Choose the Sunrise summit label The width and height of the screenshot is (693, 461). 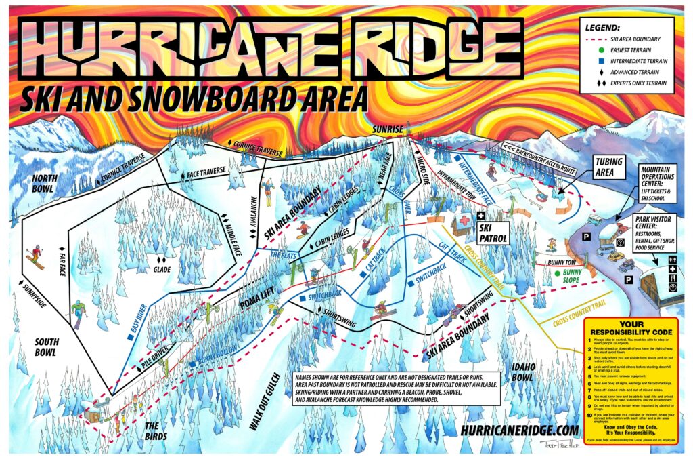(x=386, y=129)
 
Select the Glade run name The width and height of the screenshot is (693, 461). (x=160, y=269)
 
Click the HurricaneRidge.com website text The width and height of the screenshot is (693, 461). (x=518, y=430)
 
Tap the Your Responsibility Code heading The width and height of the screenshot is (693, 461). (x=630, y=328)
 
